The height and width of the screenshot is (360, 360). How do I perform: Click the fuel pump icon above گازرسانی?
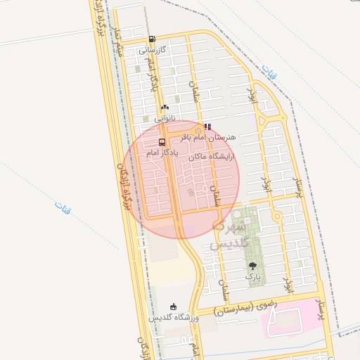click(x=153, y=39)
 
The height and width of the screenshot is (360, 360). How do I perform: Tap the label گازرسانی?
click(x=152, y=51)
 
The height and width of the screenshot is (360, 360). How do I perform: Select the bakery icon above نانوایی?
click(x=165, y=108)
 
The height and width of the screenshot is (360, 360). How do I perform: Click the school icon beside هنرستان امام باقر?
click(x=207, y=127)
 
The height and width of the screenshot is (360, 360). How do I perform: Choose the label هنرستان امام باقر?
click(x=211, y=136)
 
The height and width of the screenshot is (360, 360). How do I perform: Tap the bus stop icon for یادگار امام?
click(x=162, y=142)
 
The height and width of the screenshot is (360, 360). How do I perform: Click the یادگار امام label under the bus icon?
click(x=162, y=152)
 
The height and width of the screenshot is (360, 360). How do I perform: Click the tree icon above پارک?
click(x=252, y=266)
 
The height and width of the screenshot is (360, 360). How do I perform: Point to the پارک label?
click(x=252, y=277)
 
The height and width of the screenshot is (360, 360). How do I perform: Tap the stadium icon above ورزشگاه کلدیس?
click(x=174, y=307)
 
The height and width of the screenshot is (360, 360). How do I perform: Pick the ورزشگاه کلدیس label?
click(x=174, y=318)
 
